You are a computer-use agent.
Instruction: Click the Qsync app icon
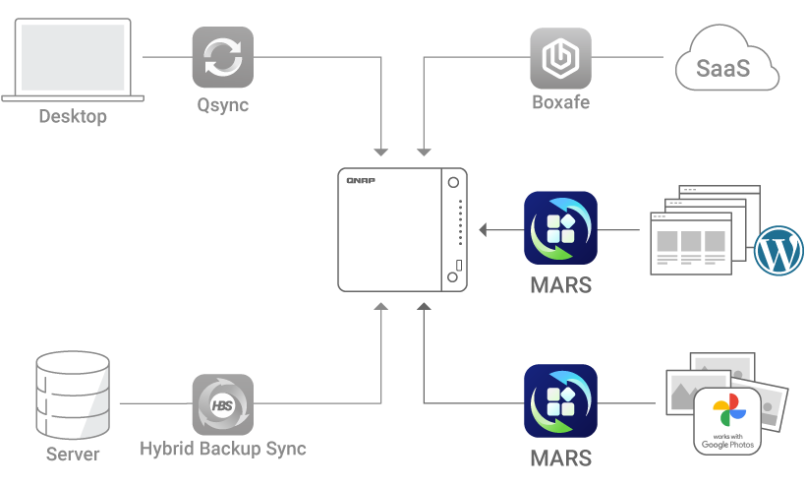pyautogui.click(x=222, y=57)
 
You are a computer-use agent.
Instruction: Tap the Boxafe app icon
pyautogui.click(x=560, y=58)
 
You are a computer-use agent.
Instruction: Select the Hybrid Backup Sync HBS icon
pyautogui.click(x=222, y=404)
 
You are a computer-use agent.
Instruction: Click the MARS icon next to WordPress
pyautogui.click(x=560, y=228)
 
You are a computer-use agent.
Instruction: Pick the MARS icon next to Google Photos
pyautogui.click(x=560, y=401)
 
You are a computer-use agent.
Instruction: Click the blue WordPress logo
pyautogui.click(x=778, y=251)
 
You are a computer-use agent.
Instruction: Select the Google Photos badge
pyautogui.click(x=727, y=422)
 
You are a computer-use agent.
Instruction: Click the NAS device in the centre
pyautogui.click(x=402, y=230)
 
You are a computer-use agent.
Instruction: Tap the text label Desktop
pyautogui.click(x=73, y=117)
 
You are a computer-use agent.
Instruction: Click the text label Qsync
pyautogui.click(x=222, y=104)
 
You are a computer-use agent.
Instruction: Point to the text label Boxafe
pyautogui.click(x=560, y=102)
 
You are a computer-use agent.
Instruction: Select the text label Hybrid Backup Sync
pyautogui.click(x=222, y=450)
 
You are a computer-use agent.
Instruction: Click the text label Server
pyautogui.click(x=73, y=455)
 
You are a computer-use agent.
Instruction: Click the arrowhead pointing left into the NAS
pyautogui.click(x=484, y=230)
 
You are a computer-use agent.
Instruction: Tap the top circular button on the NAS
pyautogui.click(x=453, y=184)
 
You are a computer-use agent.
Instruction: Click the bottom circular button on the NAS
pyautogui.click(x=453, y=278)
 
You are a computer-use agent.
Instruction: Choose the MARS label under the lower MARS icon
pyautogui.click(x=560, y=458)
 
